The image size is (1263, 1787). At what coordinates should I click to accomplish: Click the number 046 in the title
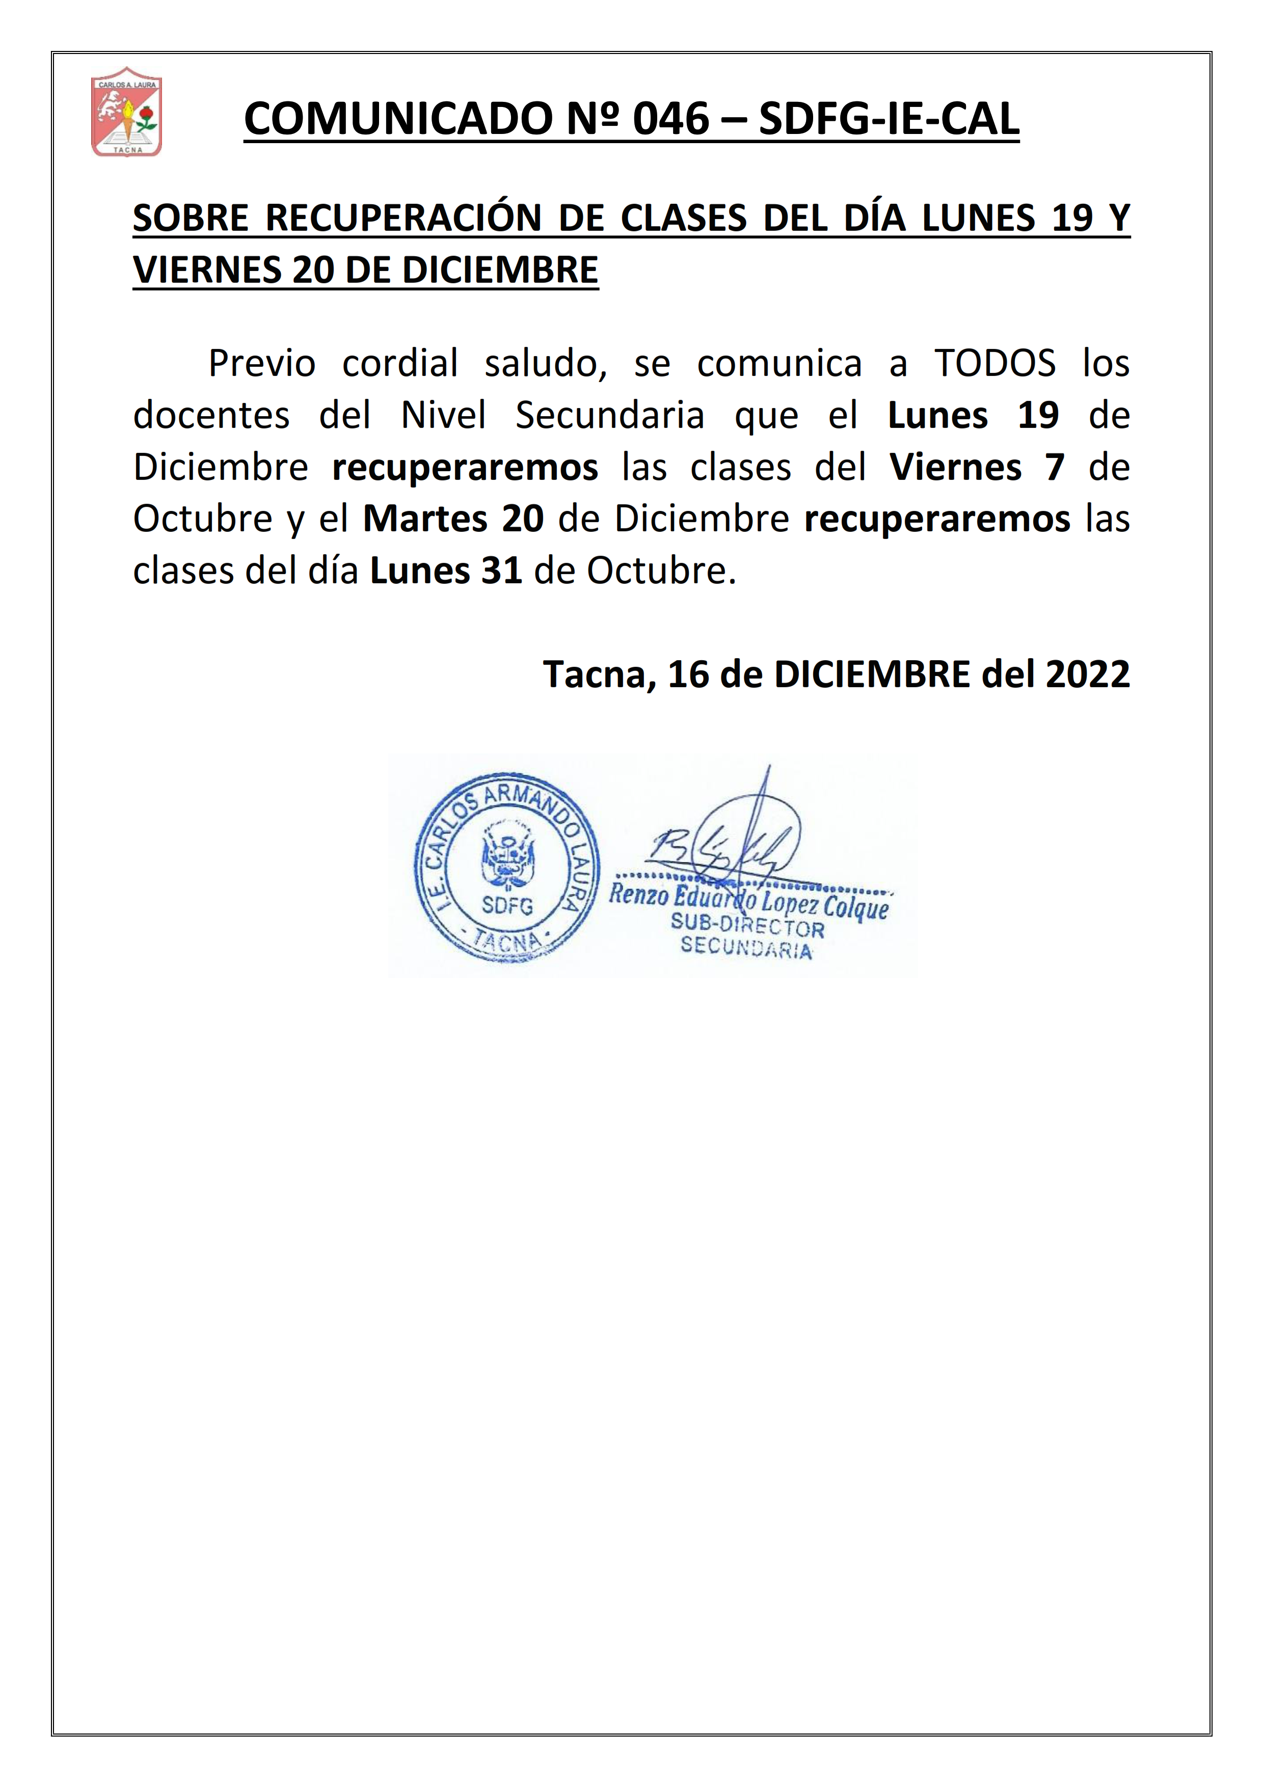671,119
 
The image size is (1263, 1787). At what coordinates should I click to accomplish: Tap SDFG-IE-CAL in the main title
889,119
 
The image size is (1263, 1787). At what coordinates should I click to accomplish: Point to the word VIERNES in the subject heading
207,270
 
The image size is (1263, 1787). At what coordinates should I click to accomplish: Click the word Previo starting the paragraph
261,364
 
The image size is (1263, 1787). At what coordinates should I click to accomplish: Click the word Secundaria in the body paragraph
609,415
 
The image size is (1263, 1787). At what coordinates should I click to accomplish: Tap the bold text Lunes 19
973,415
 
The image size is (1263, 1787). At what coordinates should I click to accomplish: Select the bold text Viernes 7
977,467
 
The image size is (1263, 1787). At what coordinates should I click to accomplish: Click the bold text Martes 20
453,519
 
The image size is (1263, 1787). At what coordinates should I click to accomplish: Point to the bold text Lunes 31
445,571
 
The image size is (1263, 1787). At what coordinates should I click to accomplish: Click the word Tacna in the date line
599,674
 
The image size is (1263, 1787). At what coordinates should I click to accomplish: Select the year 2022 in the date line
1087,674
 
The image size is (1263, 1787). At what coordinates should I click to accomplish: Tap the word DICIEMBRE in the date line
872,674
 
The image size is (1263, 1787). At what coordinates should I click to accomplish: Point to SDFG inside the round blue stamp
507,905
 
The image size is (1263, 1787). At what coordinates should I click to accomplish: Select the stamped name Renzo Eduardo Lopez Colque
748,901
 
